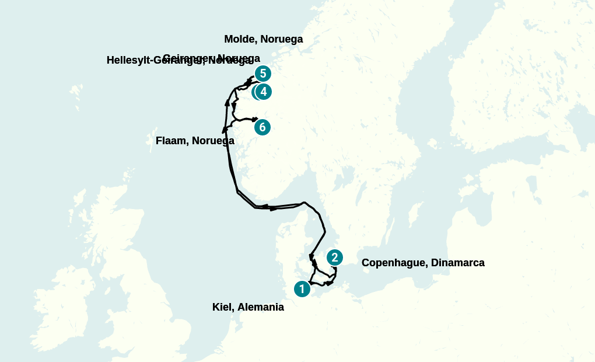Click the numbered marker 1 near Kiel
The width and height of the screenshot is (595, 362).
[x=302, y=288]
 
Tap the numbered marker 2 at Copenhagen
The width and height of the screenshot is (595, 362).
[x=334, y=257]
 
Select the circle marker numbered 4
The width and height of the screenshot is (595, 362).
[x=264, y=92]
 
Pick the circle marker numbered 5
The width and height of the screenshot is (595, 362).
[x=263, y=74]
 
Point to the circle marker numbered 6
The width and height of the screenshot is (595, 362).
[x=262, y=127]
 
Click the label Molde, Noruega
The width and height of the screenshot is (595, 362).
[x=264, y=39]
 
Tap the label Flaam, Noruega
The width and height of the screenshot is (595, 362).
[x=195, y=141]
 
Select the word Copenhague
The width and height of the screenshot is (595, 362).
[x=394, y=263]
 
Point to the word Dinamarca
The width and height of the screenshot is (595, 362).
[x=458, y=263]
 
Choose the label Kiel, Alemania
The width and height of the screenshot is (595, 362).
[x=248, y=307]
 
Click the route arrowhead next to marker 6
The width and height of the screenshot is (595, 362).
[x=255, y=119]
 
